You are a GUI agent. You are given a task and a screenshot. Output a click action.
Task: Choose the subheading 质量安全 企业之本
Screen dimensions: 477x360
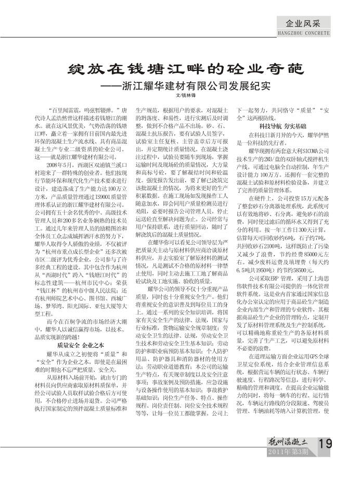(x=81, y=331)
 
